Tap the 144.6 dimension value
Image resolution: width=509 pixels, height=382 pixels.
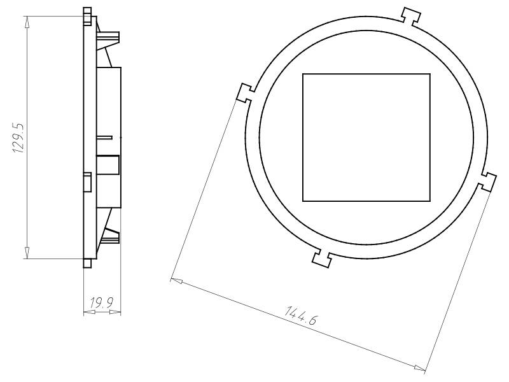pyautogui.click(x=302, y=316)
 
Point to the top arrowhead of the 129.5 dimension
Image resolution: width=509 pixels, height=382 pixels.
pyautogui.click(x=27, y=20)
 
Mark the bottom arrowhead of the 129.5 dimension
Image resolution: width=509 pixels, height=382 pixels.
pyautogui.click(x=27, y=255)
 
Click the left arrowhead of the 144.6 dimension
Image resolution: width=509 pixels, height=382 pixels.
pyautogui.click(x=176, y=280)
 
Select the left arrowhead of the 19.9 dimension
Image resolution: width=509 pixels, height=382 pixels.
pyautogui.click(x=87, y=312)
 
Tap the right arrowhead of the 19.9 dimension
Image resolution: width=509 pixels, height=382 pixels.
pyautogui.click(x=118, y=312)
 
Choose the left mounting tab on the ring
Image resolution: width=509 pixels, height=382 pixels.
pyautogui.click(x=245, y=93)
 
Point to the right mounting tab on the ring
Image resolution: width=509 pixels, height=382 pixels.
pyautogui.click(x=488, y=181)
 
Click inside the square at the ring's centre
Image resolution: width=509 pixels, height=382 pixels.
pyautogui.click(x=366, y=137)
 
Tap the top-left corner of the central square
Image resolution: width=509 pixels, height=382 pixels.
pyautogui.click(x=303, y=74)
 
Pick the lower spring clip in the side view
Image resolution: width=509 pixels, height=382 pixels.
pyautogui.click(x=109, y=236)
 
